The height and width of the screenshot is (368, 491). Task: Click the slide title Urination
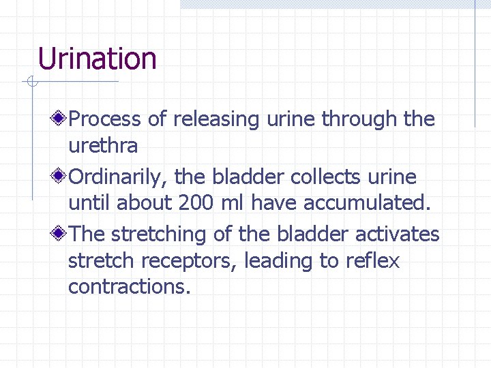click(98, 59)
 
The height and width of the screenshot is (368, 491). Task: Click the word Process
click(106, 119)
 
